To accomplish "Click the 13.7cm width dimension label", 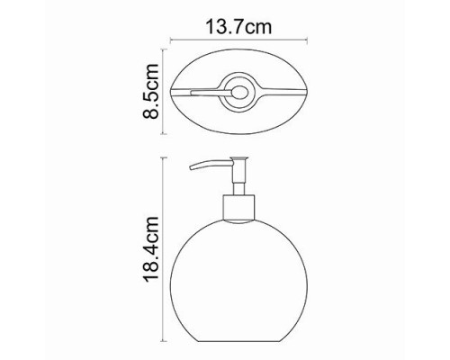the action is click(238, 26).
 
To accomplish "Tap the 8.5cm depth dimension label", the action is click(150, 92).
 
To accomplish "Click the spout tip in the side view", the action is click(191, 168).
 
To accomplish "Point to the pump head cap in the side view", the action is click(238, 158).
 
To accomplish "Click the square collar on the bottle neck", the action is click(238, 208).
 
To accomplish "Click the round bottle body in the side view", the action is click(238, 276).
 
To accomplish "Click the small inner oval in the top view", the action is click(240, 92).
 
